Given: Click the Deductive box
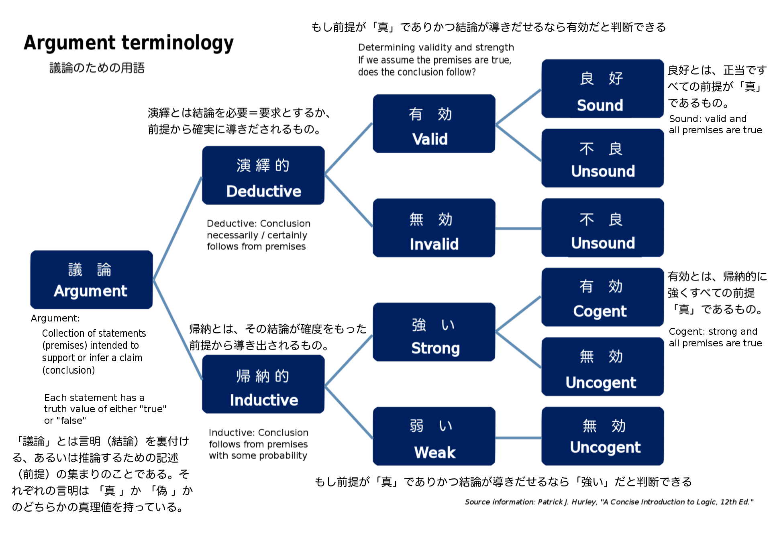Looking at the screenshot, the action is tap(263, 175).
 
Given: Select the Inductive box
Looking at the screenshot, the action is tap(263, 384).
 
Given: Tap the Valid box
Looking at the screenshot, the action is tap(434, 124).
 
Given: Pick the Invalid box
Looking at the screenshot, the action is tap(434, 228).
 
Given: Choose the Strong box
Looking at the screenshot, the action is tap(434, 332).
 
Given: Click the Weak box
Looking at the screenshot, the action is tap(434, 436).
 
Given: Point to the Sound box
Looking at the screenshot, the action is tap(602, 89).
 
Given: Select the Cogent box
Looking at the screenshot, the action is tap(602, 297).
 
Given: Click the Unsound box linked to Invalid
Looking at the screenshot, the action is tap(602, 228).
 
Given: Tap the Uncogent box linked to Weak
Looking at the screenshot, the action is tap(602, 436).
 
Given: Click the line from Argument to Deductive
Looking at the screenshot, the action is tap(177, 228).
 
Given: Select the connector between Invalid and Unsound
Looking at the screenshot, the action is tap(518, 229).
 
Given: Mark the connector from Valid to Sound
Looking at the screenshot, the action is tap(518, 107).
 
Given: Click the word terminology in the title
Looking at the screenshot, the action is tap(177, 43).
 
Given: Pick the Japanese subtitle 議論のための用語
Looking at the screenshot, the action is tap(97, 68).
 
